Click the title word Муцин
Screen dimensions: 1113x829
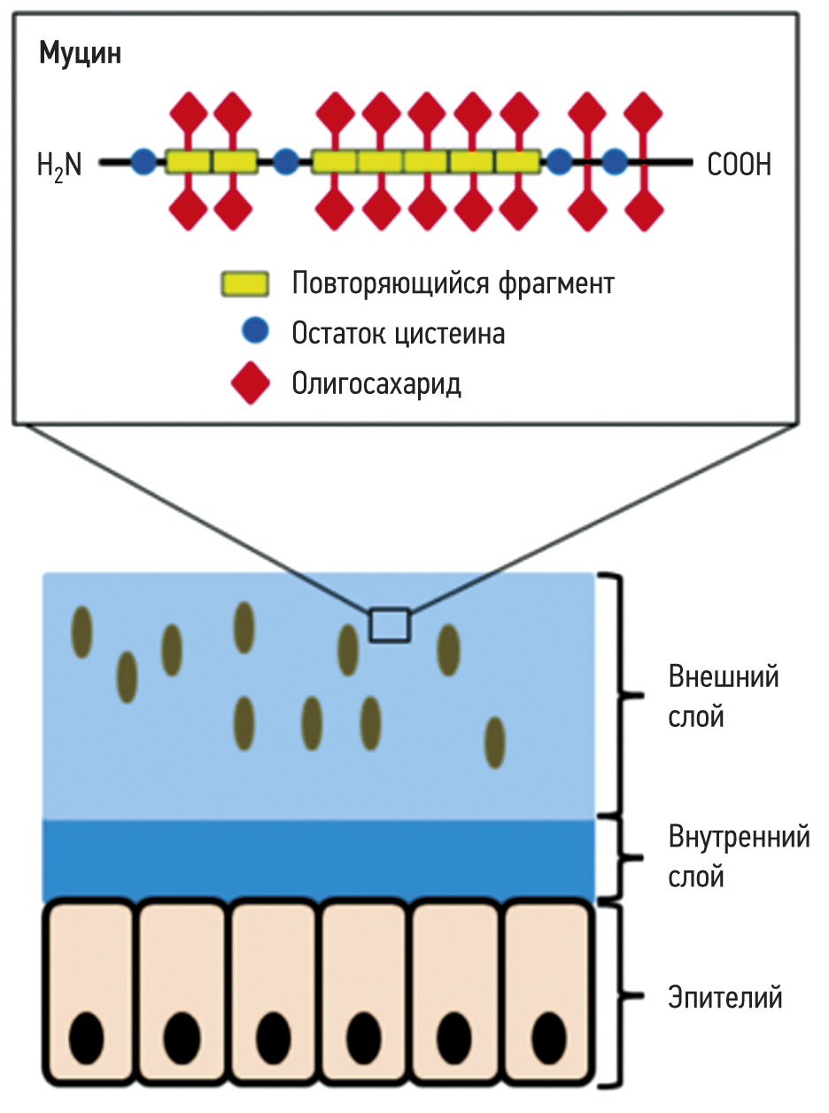pyautogui.click(x=80, y=54)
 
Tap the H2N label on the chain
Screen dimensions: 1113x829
pyautogui.click(x=59, y=165)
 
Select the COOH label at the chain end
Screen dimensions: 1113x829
pyautogui.click(x=739, y=165)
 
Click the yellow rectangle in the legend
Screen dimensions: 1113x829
pyautogui.click(x=244, y=284)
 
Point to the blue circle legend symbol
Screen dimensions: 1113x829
pyautogui.click(x=253, y=332)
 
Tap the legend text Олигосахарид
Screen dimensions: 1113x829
pyautogui.click(x=376, y=384)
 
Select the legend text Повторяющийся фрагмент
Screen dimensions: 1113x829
pyautogui.click(x=453, y=284)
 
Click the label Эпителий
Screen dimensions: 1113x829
pyautogui.click(x=724, y=998)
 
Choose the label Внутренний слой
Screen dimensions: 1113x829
pyautogui.click(x=738, y=856)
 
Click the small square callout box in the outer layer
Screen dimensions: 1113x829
pyautogui.click(x=390, y=624)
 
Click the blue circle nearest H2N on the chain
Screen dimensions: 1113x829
pyautogui.click(x=142, y=162)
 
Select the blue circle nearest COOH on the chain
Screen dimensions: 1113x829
pyautogui.click(x=614, y=162)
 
